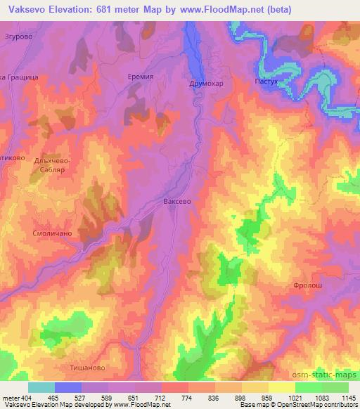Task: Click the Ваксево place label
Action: tap(177, 201)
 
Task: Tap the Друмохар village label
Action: tap(207, 83)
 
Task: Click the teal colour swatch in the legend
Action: tap(41, 387)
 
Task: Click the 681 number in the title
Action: tap(103, 10)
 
